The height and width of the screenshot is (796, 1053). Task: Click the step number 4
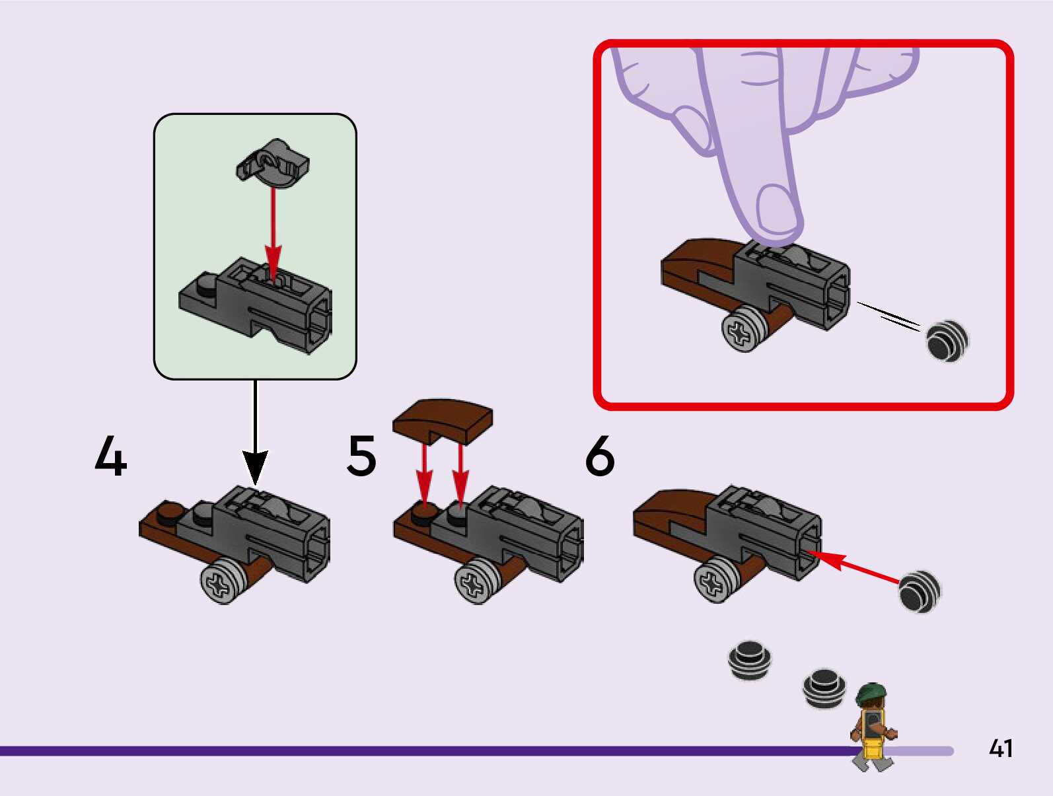point(110,455)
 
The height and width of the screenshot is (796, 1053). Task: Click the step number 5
point(361,455)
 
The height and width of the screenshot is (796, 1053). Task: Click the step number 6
point(600,455)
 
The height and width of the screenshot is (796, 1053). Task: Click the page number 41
point(1000,748)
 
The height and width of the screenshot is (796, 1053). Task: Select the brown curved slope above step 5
point(443,419)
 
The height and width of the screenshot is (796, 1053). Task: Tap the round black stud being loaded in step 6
point(919,591)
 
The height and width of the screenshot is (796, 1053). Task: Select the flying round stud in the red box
point(947,341)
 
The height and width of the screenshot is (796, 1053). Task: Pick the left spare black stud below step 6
point(750,659)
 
